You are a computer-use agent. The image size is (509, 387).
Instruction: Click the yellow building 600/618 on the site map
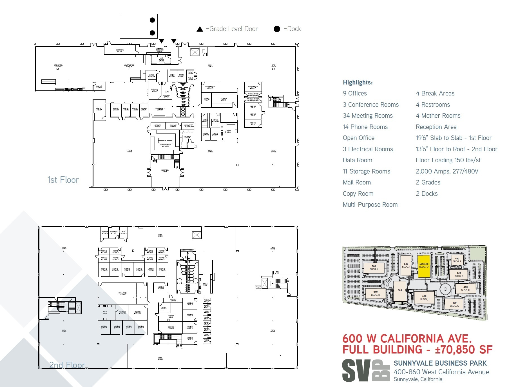point(424,266)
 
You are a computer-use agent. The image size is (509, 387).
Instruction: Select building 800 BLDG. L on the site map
point(374,268)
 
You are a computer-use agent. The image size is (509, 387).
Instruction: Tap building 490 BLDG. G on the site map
point(454,304)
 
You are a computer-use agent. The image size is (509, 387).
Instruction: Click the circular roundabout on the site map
point(445,289)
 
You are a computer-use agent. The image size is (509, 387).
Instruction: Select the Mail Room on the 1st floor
point(161,59)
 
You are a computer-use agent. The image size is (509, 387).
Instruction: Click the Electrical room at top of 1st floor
point(120,50)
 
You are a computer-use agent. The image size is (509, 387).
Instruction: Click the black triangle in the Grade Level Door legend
point(200,29)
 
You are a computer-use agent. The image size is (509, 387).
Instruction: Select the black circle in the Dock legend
point(277,29)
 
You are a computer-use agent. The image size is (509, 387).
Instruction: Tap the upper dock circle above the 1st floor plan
point(152,20)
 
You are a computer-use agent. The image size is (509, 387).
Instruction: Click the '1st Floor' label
point(63,180)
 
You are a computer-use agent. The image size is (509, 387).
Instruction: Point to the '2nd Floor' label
point(67,365)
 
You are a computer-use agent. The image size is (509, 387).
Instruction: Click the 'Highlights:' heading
point(358,83)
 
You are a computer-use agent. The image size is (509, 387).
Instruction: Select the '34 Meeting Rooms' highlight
point(368,116)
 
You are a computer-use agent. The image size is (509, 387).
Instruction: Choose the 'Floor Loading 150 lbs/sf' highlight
point(448,160)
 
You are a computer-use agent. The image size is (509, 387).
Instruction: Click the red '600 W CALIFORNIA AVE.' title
point(407,339)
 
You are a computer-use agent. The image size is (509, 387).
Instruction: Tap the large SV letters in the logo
point(356,371)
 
